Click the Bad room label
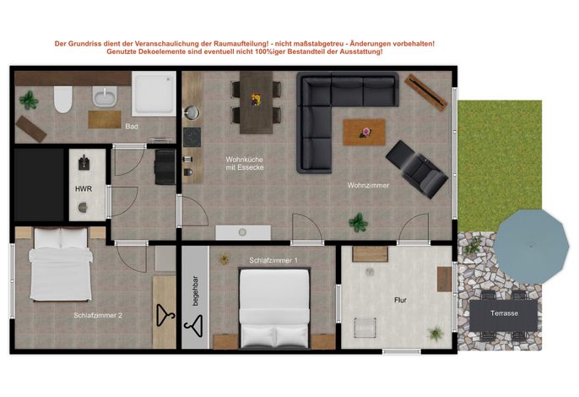point(132,127)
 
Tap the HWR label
point(84,189)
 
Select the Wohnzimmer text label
point(368,185)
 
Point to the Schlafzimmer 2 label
point(98,315)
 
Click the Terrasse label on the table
point(504,313)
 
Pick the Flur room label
point(400,300)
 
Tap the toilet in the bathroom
point(63,99)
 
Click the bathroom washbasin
point(105,96)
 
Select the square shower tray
point(154,94)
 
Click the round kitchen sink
point(192,112)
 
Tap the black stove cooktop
point(192,137)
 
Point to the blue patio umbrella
point(531,246)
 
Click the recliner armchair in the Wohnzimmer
point(417,169)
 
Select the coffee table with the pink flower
point(365,132)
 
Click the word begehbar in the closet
point(195,291)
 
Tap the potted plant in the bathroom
point(29,101)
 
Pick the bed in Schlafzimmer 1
point(274,308)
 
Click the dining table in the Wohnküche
point(257,102)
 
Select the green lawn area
point(500,166)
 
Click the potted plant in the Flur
point(436,333)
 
